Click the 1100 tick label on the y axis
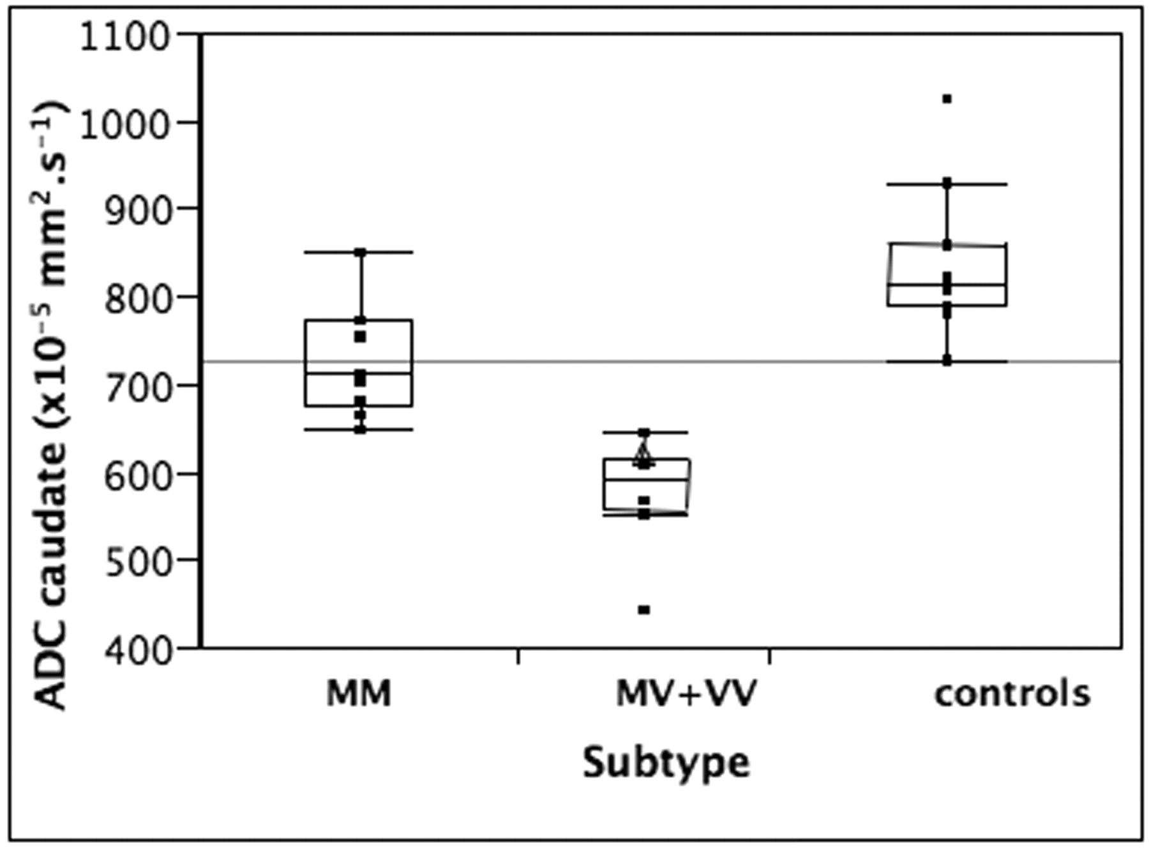(x=124, y=38)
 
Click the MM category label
(x=359, y=694)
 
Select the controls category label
(x=1012, y=694)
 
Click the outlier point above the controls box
(x=947, y=99)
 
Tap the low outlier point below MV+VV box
(x=644, y=610)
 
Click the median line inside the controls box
(x=947, y=285)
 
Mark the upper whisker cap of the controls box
(x=947, y=184)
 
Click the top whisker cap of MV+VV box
(x=645, y=433)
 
